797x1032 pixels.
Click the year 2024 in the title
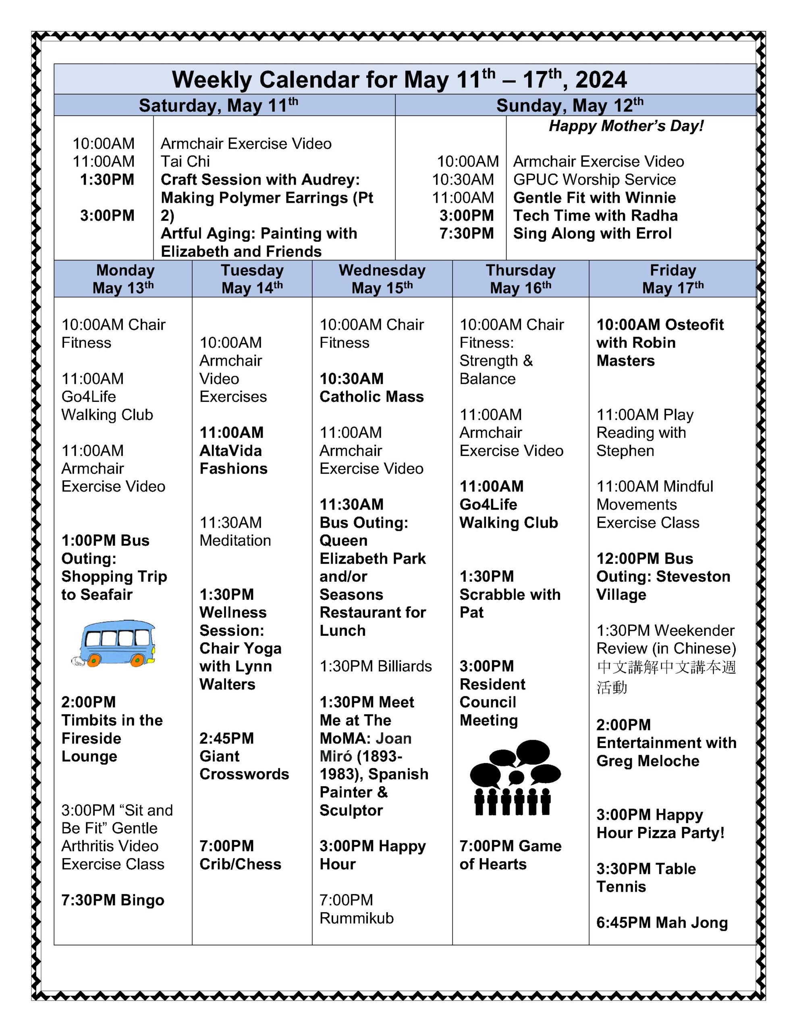click(601, 79)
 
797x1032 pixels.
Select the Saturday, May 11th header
click(218, 105)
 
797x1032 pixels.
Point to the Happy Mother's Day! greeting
click(626, 126)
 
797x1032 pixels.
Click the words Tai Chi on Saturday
click(185, 162)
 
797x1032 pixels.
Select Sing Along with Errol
click(592, 233)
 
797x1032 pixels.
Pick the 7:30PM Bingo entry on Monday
click(112, 900)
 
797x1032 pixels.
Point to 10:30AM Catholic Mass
click(372, 387)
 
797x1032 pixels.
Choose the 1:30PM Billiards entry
click(376, 666)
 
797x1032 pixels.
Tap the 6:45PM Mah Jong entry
click(661, 922)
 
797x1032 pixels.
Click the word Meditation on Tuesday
click(235, 541)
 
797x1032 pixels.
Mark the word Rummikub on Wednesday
click(356, 918)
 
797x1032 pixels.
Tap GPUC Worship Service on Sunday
click(594, 179)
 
